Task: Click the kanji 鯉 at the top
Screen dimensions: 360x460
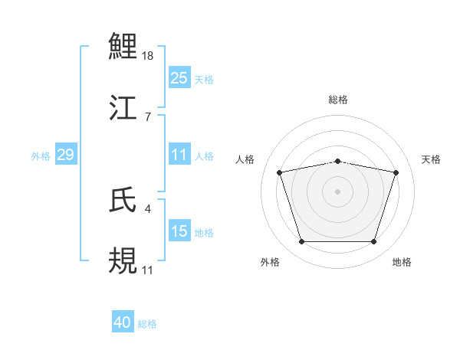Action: [x=123, y=47]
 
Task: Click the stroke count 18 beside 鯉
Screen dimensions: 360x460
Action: [x=149, y=57]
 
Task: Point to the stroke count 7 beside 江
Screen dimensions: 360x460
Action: [x=146, y=116]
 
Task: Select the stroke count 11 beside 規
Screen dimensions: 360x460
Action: [x=148, y=270]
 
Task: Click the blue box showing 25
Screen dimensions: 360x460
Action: [x=179, y=78]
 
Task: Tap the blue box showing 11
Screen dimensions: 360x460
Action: [x=179, y=155]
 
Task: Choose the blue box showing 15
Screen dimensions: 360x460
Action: [x=179, y=231]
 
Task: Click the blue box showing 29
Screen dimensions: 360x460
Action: [x=65, y=155]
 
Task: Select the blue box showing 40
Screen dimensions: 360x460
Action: [x=123, y=322]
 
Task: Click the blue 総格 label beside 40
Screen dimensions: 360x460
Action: [x=147, y=324]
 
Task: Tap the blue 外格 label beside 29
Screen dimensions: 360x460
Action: [x=41, y=155]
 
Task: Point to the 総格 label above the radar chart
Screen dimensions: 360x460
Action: [x=338, y=100]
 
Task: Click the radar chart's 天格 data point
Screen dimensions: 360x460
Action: [x=396, y=173]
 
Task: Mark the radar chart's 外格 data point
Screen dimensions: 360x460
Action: [x=302, y=242]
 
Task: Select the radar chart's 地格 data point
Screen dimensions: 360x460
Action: [x=373, y=242]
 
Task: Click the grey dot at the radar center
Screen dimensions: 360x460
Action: [x=338, y=191]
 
